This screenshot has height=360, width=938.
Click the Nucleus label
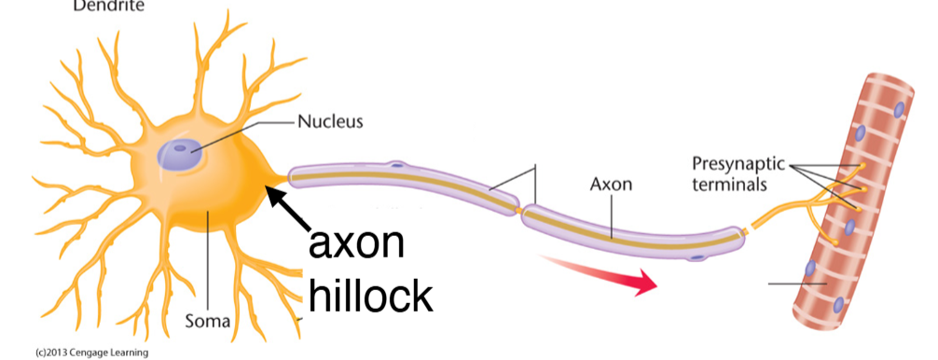(331, 121)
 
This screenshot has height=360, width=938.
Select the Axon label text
(611, 184)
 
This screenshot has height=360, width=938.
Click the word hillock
(370, 295)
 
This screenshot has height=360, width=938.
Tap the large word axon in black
(357, 244)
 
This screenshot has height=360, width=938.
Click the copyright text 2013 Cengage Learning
(89, 353)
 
